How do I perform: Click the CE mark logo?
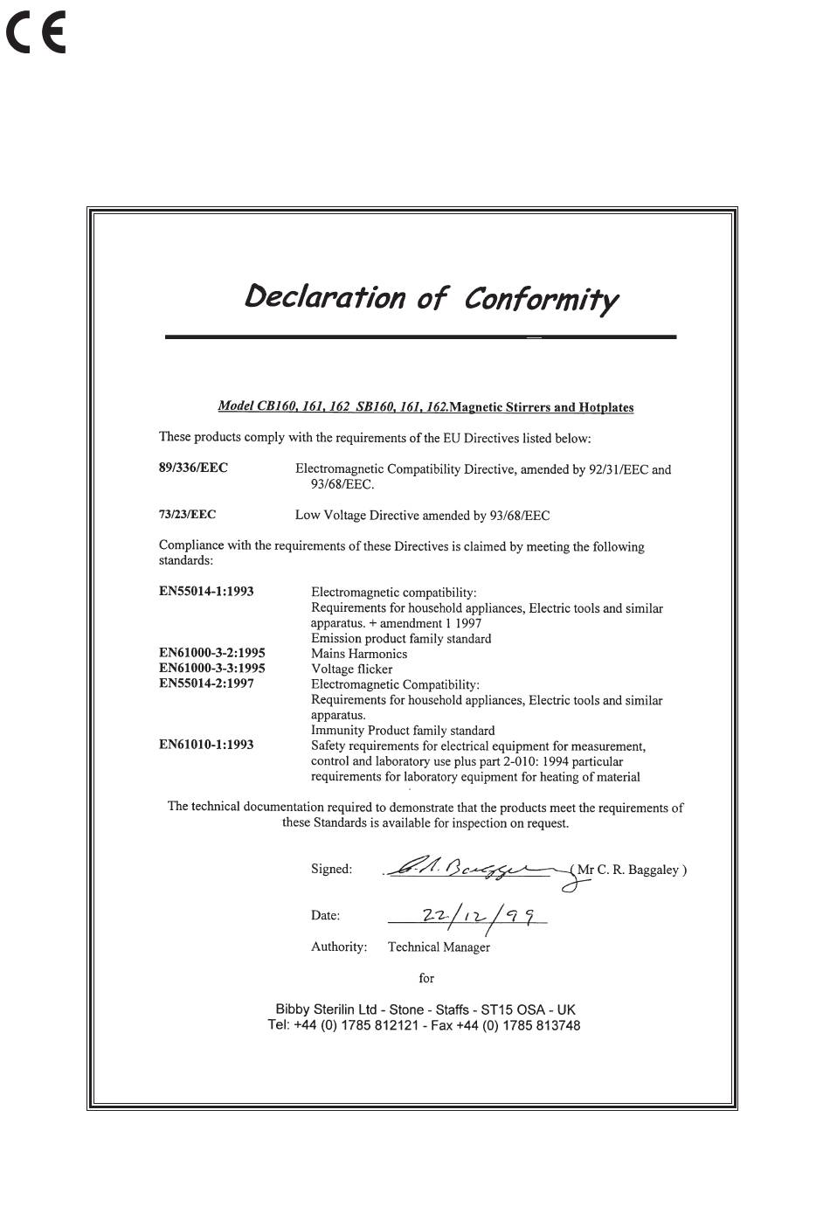[36, 34]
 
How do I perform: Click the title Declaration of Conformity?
[432, 298]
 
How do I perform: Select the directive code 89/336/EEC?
[193, 468]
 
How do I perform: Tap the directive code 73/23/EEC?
[187, 515]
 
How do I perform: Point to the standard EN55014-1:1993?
[206, 591]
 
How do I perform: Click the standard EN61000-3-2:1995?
[211, 653]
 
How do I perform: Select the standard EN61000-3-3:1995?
[211, 668]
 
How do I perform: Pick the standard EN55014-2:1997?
[206, 683]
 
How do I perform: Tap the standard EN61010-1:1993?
[206, 745]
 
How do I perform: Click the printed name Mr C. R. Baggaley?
[631, 870]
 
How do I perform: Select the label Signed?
[331, 869]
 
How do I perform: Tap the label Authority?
[339, 947]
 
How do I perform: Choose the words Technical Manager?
[439, 947]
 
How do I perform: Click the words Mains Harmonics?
[359, 653]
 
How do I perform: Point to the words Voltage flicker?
[351, 669]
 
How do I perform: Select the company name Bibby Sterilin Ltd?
[326, 1009]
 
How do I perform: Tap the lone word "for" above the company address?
[426, 978]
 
